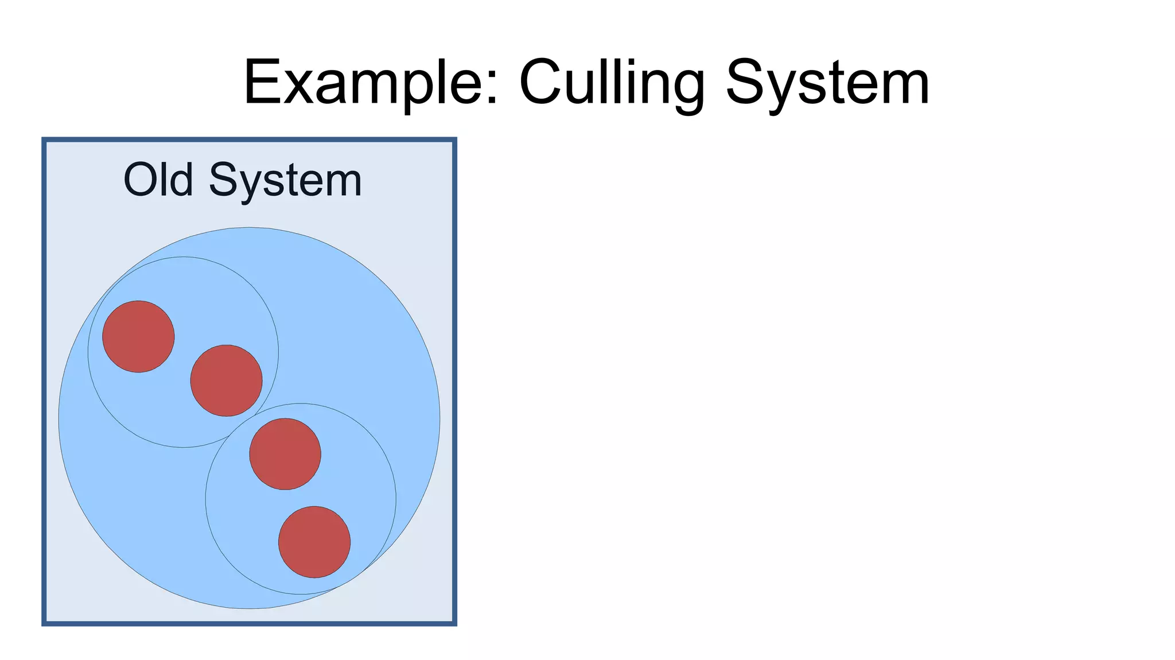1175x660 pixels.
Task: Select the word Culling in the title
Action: pos(612,83)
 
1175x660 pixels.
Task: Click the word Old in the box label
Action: pos(158,180)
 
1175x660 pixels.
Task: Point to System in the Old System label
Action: pos(285,180)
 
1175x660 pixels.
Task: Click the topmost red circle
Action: pos(138,336)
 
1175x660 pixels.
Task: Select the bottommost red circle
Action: pos(314,542)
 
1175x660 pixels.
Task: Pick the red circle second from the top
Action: pos(226,381)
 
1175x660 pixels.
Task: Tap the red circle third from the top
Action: pos(285,454)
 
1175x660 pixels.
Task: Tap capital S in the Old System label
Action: pos(223,180)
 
